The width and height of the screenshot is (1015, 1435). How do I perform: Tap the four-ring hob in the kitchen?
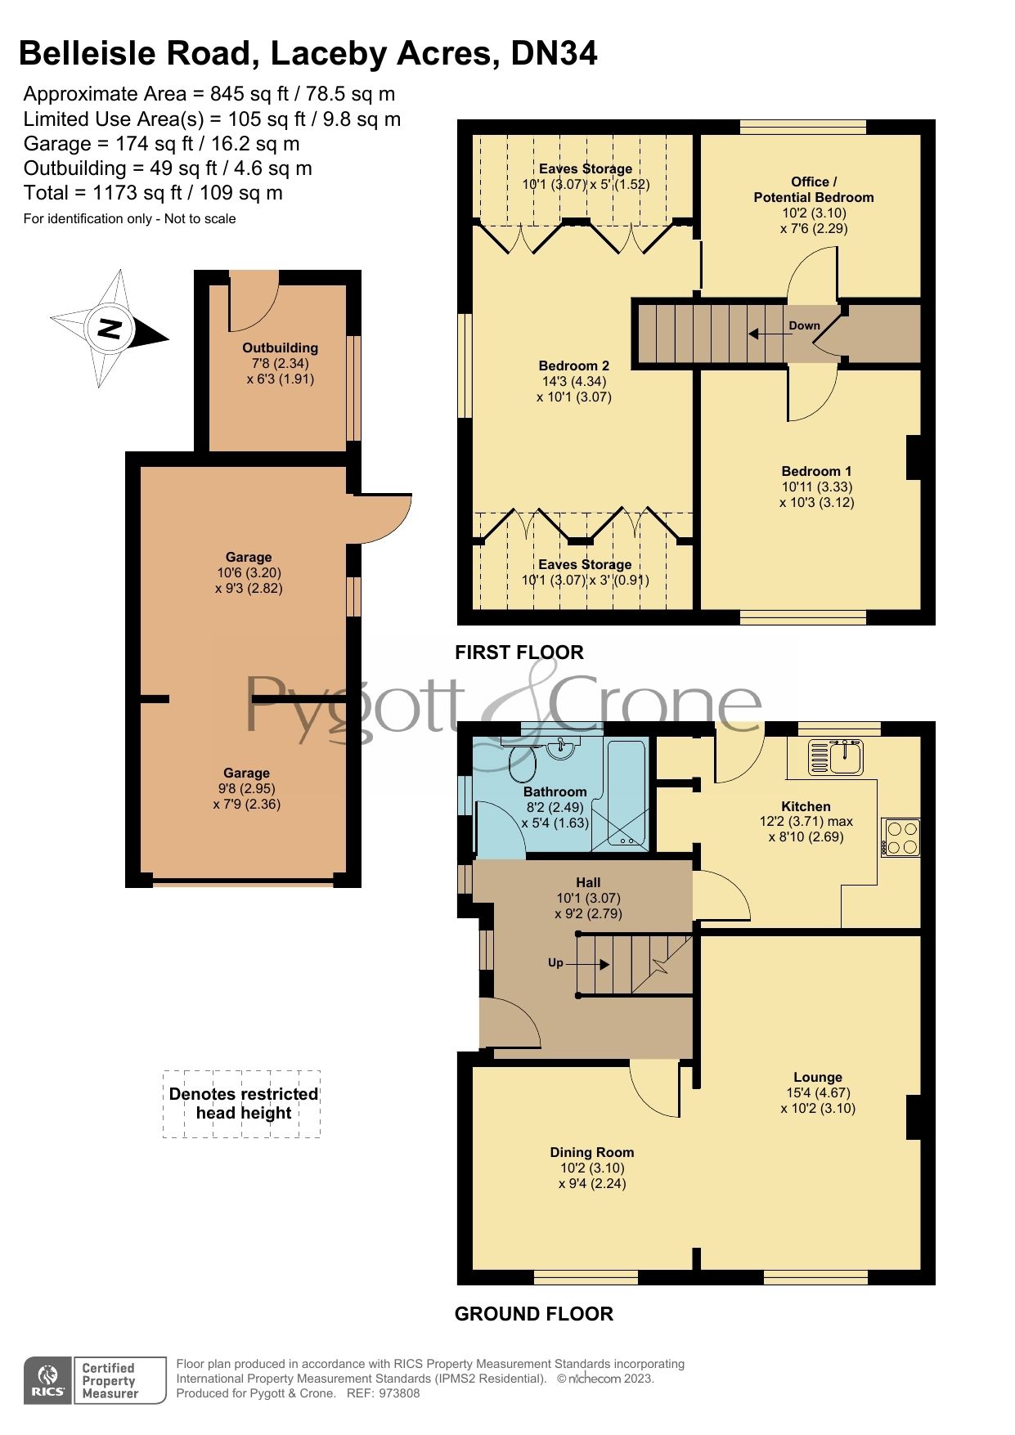(x=901, y=837)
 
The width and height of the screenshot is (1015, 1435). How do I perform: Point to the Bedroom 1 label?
(x=816, y=471)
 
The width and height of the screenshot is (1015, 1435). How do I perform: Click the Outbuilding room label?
(x=280, y=348)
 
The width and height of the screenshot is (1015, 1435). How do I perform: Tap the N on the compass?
(x=110, y=329)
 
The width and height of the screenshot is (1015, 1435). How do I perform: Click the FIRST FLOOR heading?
(x=519, y=652)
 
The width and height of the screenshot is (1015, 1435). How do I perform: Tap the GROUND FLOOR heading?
(x=533, y=1313)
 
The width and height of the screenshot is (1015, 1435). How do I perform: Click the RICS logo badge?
(x=49, y=1380)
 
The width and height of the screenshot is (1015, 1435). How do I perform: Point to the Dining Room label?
(x=591, y=1152)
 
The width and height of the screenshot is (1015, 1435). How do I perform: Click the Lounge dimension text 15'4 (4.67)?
(x=817, y=1092)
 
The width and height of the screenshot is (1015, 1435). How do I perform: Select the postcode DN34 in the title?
(x=554, y=54)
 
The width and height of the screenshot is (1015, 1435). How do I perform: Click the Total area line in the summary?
(x=153, y=193)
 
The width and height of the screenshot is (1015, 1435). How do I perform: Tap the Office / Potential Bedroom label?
(x=813, y=190)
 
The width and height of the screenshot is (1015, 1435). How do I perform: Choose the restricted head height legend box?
(x=242, y=1103)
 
